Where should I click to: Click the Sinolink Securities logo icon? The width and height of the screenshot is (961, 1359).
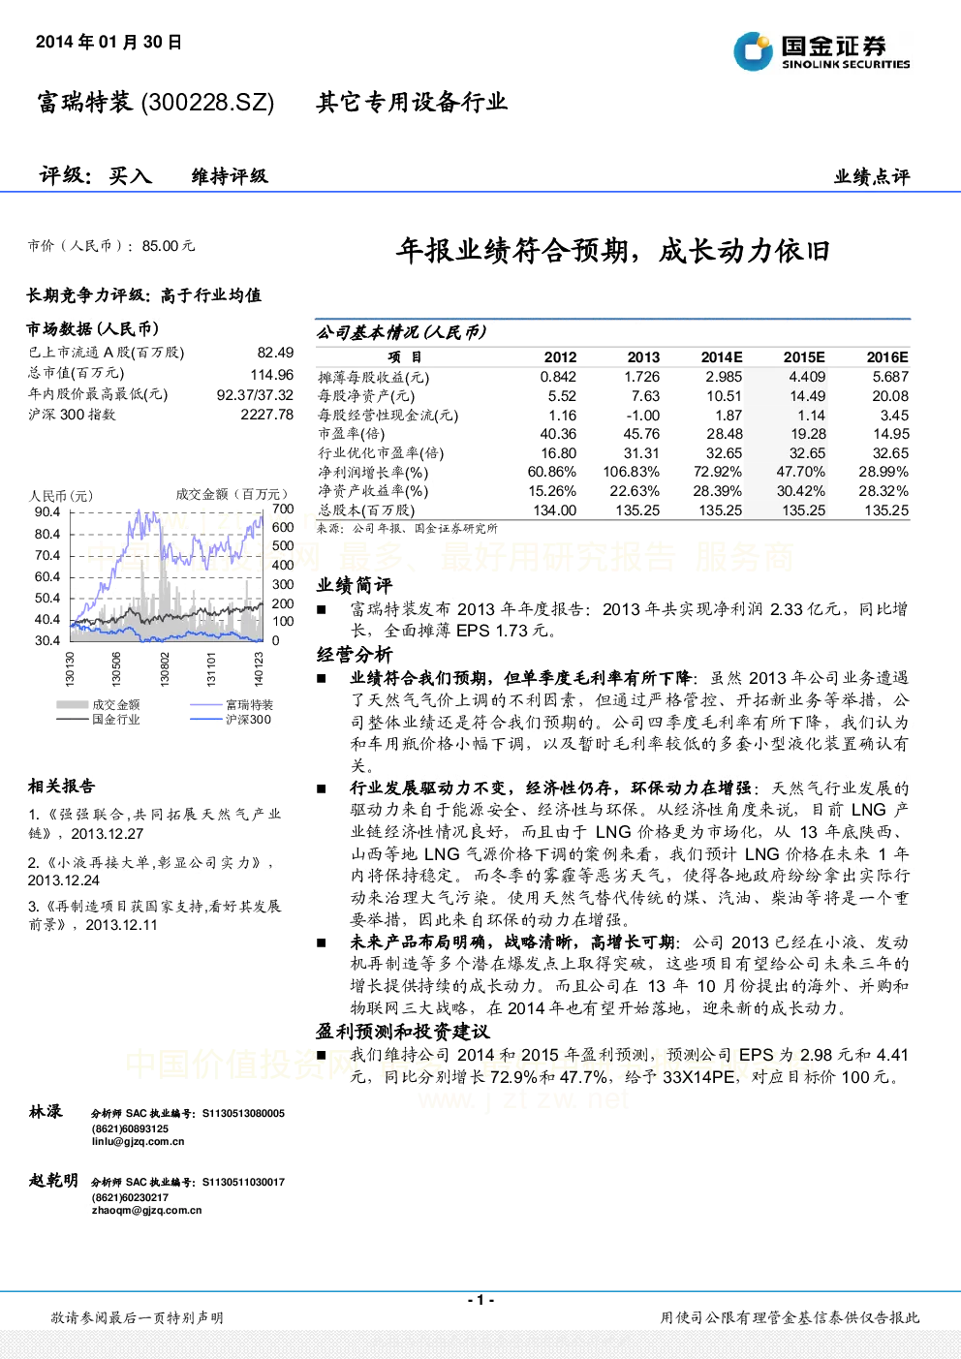coord(753,51)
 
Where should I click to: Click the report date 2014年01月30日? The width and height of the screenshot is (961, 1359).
coord(108,42)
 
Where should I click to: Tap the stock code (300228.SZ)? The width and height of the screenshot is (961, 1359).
coord(207,102)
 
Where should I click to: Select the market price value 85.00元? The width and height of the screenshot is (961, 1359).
coord(168,246)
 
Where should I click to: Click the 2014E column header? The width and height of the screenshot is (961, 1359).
coord(722,357)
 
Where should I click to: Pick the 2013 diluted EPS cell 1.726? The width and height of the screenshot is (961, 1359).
coord(641,377)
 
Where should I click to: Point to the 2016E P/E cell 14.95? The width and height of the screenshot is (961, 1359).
coord(890,434)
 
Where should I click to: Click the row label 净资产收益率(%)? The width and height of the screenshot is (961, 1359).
coord(373,491)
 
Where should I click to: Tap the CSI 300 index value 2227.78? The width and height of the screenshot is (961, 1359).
coord(266,415)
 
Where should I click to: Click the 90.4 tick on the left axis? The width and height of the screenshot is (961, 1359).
coord(47,512)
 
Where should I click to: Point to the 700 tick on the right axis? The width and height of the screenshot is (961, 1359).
coord(283,509)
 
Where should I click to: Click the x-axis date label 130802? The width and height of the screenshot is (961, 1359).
coord(165,669)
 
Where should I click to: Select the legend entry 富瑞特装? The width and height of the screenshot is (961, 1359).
coord(249,704)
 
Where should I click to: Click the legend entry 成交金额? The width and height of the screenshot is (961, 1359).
coord(116,704)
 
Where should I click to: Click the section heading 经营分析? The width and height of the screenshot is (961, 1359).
coord(355,655)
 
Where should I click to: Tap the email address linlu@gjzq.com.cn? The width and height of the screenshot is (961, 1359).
coord(139,1141)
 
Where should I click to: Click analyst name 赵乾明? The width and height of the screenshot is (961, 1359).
coord(53,1180)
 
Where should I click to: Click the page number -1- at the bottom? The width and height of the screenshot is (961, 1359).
coord(480,1299)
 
